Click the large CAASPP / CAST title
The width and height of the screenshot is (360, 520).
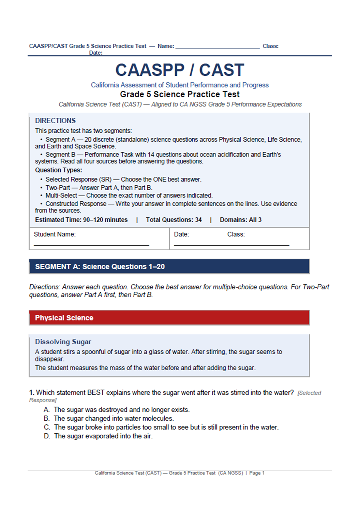click(x=180, y=70)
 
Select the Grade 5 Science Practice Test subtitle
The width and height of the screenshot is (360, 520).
click(x=180, y=94)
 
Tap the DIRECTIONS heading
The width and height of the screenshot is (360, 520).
click(x=55, y=121)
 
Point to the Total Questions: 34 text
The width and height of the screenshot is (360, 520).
click(x=174, y=220)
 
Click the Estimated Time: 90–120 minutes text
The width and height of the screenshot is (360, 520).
click(x=81, y=220)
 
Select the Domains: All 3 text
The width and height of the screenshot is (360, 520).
click(x=238, y=220)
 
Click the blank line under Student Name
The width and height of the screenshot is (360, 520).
click(x=91, y=245)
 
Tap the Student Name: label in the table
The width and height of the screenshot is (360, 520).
click(x=55, y=234)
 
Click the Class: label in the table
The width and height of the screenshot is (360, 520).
click(x=236, y=234)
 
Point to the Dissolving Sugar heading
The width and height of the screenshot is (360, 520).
click(x=63, y=342)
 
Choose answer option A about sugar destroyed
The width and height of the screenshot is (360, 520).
click(x=121, y=410)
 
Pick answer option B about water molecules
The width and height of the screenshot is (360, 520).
click(x=113, y=418)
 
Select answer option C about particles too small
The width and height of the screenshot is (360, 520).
click(x=166, y=427)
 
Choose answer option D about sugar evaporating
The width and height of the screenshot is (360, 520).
click(x=103, y=436)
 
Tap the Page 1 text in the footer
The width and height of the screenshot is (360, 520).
click(x=257, y=473)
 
